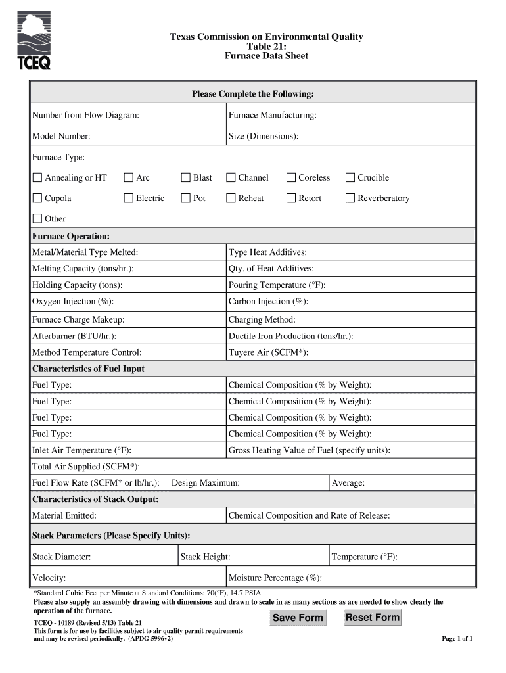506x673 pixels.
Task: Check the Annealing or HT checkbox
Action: pos(37,177)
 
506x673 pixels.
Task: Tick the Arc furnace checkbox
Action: pos(129,177)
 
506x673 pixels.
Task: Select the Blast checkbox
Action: pos(185,177)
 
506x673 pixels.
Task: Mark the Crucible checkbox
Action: pos(350,177)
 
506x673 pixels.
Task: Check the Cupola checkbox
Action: pos(37,198)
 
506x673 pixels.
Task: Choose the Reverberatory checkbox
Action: pos(350,198)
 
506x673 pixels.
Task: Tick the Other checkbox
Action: pos(37,218)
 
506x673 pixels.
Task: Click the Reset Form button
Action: pos(373,617)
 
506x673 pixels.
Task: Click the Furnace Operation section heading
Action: pos(71,236)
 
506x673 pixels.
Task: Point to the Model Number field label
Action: pos(61,136)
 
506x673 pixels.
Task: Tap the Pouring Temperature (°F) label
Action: pos(277,285)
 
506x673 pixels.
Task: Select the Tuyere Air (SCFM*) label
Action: pos(268,352)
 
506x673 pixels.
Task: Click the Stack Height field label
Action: pos(205,557)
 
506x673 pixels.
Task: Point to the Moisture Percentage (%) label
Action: pos(275,578)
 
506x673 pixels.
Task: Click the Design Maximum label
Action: pos(205,483)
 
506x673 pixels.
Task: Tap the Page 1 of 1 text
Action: pos(457,639)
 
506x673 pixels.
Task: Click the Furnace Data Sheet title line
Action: pos(266,56)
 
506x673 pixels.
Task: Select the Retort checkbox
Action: pos(291,198)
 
